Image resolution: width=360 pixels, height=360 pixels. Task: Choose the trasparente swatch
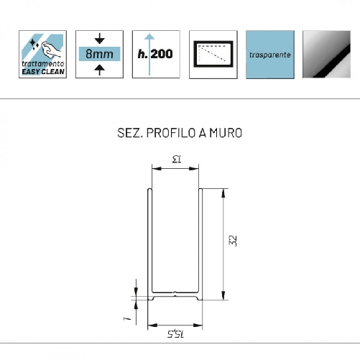[x=269, y=53]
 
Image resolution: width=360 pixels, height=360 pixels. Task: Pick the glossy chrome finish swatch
[x=328, y=53]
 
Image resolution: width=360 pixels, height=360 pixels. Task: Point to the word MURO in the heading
[x=225, y=134]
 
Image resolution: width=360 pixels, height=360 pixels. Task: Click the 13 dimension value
[x=175, y=160]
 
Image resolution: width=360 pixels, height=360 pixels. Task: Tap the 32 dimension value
[x=232, y=241]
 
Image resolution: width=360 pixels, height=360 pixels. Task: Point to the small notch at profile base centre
[x=175, y=293]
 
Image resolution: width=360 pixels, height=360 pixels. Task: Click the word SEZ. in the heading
[x=128, y=134]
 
